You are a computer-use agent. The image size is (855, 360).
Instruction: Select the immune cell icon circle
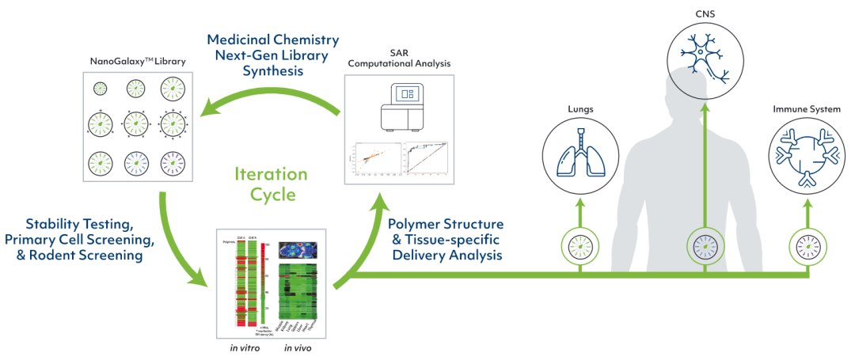point(807,155)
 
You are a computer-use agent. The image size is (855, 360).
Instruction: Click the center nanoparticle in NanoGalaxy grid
point(136,124)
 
